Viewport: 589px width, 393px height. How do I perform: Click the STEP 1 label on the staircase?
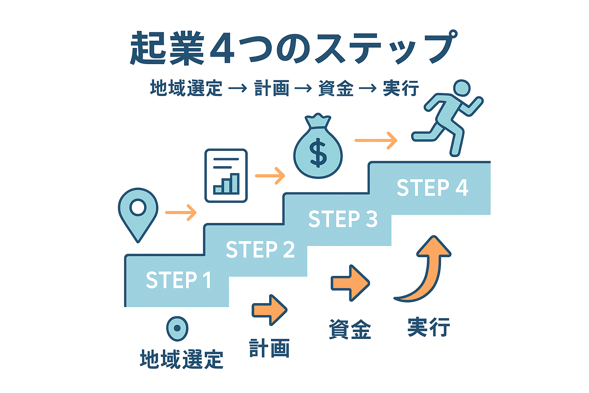click(x=179, y=279)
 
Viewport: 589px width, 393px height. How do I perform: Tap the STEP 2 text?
click(x=260, y=249)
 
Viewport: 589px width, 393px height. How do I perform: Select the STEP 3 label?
click(x=343, y=219)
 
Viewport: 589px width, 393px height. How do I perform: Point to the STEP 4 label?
click(x=432, y=187)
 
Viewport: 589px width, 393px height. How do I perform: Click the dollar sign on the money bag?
click(x=318, y=152)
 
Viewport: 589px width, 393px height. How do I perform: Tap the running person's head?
click(x=462, y=88)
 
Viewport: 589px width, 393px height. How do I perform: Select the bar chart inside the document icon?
click(x=226, y=183)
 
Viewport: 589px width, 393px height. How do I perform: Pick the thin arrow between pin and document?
click(x=181, y=212)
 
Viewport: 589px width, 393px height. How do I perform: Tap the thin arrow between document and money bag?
click(x=270, y=175)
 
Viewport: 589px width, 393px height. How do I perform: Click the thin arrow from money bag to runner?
click(x=376, y=140)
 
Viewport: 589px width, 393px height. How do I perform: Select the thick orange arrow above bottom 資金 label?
click(x=350, y=283)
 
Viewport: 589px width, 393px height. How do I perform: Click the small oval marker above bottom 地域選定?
click(x=177, y=329)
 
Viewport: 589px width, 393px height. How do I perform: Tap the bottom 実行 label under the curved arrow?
click(x=429, y=327)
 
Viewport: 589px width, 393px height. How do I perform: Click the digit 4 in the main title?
click(x=222, y=48)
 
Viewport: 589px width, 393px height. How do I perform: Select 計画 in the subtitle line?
click(x=271, y=88)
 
